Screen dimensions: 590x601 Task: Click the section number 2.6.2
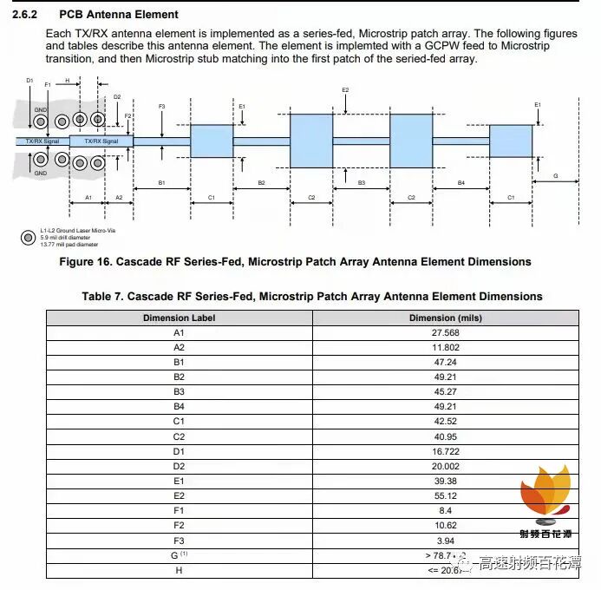tap(26, 15)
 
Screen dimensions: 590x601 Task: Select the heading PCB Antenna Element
tap(119, 15)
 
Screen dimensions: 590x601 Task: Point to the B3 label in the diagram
tap(361, 183)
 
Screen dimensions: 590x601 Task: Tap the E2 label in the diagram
tap(345, 90)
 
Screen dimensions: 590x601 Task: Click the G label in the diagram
tap(556, 176)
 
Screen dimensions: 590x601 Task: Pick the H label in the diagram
tap(67, 80)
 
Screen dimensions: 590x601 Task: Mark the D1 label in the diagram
tap(29, 81)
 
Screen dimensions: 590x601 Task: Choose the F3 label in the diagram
tap(162, 106)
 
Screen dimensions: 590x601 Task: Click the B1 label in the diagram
tap(161, 183)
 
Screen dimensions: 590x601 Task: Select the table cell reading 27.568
tap(444, 332)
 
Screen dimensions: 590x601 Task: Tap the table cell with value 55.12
tap(444, 495)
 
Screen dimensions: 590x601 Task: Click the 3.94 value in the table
tap(444, 540)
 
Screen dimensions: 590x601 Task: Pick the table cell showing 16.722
tap(444, 451)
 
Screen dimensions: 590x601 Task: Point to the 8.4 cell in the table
tap(444, 510)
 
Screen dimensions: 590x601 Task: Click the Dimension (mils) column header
tap(444, 318)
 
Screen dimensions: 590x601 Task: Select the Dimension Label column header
tap(179, 318)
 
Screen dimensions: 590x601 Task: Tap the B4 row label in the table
tap(179, 407)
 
